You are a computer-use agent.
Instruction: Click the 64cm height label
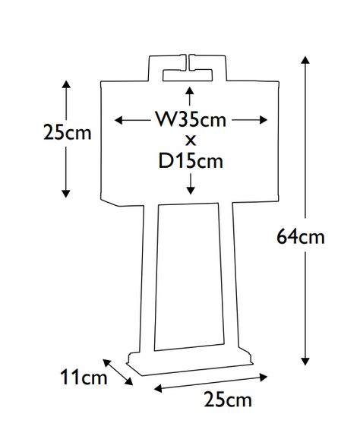point(301,237)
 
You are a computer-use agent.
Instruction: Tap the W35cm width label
point(191,120)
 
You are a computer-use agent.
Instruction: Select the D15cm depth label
point(191,161)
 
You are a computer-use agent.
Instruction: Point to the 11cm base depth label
point(84,377)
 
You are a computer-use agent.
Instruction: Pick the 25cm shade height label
point(67,133)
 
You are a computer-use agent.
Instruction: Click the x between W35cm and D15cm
point(191,141)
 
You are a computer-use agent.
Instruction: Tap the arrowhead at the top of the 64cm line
point(305,59)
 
